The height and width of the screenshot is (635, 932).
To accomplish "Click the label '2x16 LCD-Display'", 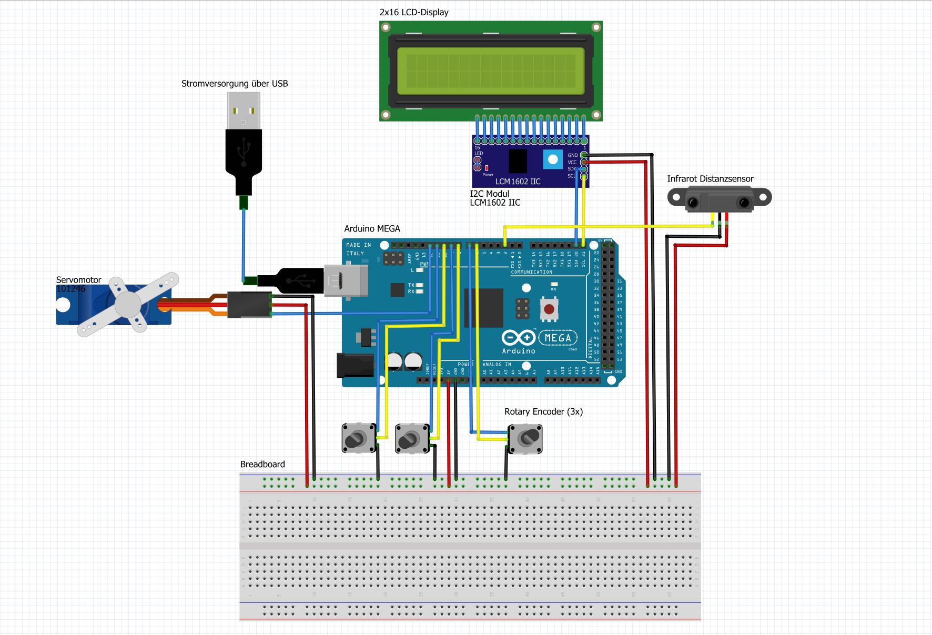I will (414, 12).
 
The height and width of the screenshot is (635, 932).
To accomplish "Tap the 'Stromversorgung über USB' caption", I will (235, 84).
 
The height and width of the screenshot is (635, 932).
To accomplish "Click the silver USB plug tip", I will (244, 110).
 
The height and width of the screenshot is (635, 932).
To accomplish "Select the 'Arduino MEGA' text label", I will (372, 229).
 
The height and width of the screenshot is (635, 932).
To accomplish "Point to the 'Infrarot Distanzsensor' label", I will (710, 179).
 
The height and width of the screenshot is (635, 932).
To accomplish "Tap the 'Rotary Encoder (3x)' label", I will (543, 411).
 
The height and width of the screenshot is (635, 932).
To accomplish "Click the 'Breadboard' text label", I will (262, 464).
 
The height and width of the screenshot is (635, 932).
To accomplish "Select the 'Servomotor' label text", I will (78, 280).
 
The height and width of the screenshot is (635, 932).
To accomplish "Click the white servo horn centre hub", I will (128, 304).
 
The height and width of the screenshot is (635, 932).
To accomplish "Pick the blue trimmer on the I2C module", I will (553, 159).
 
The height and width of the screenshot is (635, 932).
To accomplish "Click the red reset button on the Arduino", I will (549, 309).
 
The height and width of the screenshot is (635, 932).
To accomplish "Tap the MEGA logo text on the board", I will (558, 338).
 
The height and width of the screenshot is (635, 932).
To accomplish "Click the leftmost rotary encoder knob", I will (358, 438).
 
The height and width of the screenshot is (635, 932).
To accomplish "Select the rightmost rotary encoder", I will (525, 438).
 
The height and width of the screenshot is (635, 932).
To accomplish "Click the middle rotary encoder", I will (411, 438).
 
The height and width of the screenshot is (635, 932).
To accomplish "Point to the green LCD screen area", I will (491, 71).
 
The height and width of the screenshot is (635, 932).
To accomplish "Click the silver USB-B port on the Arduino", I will (345, 280).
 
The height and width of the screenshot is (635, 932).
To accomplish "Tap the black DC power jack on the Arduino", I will (355, 365).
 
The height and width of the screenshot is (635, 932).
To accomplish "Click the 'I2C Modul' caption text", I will (489, 194).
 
